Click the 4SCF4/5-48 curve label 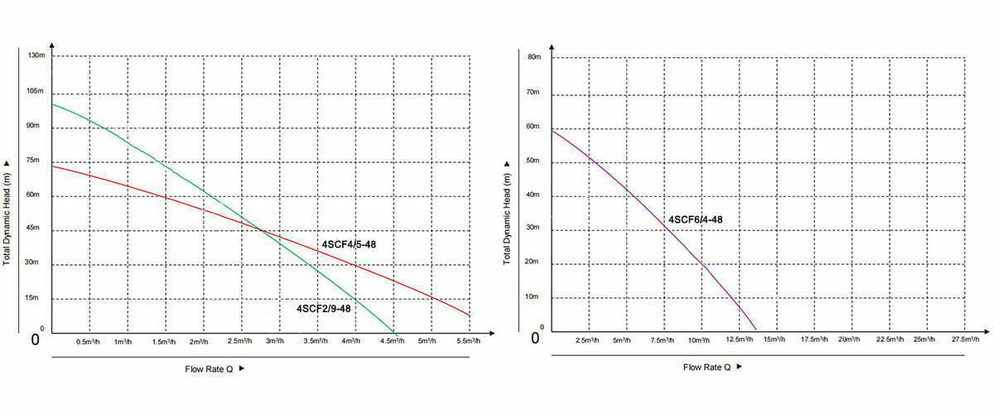pos(349,244)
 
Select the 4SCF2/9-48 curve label pos(324,308)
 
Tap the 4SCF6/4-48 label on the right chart pos(695,220)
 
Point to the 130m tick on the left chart pos(36,55)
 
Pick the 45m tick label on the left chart pos(34,229)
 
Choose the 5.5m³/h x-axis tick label pos(468,341)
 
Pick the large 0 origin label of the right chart pos(535,338)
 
